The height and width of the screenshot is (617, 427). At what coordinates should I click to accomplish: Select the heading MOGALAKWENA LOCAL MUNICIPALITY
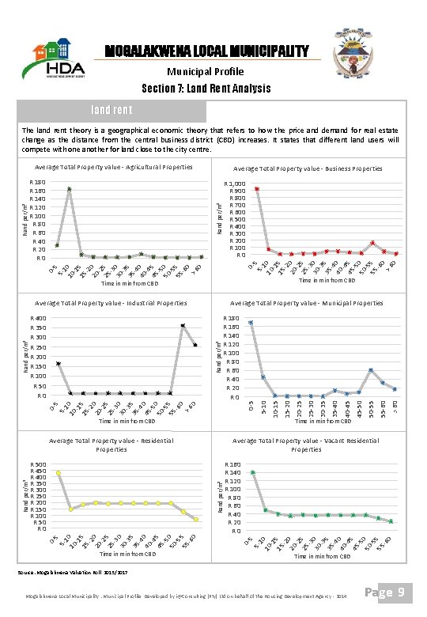pyautogui.click(x=207, y=51)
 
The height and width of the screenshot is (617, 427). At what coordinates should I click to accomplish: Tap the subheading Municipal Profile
pyautogui.click(x=206, y=71)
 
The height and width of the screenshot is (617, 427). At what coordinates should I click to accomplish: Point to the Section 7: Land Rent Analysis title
pyautogui.click(x=206, y=88)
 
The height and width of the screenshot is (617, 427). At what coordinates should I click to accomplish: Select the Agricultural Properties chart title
pyautogui.click(x=113, y=167)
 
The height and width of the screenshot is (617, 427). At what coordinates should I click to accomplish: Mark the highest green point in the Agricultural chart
pyautogui.click(x=70, y=189)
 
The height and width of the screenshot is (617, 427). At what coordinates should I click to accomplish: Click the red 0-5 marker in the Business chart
pyautogui.click(x=256, y=188)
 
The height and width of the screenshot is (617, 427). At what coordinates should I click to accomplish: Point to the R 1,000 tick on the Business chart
pyautogui.click(x=235, y=183)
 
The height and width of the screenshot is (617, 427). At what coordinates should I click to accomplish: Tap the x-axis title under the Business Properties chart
pyautogui.click(x=325, y=280)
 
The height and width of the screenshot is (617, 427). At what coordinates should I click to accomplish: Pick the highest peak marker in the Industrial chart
pyautogui.click(x=183, y=325)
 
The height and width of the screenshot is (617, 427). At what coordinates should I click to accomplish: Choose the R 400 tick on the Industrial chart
pyautogui.click(x=38, y=319)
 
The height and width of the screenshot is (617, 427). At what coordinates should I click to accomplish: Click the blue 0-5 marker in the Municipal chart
pyautogui.click(x=251, y=322)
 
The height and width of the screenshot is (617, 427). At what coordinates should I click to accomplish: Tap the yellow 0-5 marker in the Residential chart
pyautogui.click(x=58, y=473)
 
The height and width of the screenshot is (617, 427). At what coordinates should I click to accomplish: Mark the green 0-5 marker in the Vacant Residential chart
pyautogui.click(x=253, y=472)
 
